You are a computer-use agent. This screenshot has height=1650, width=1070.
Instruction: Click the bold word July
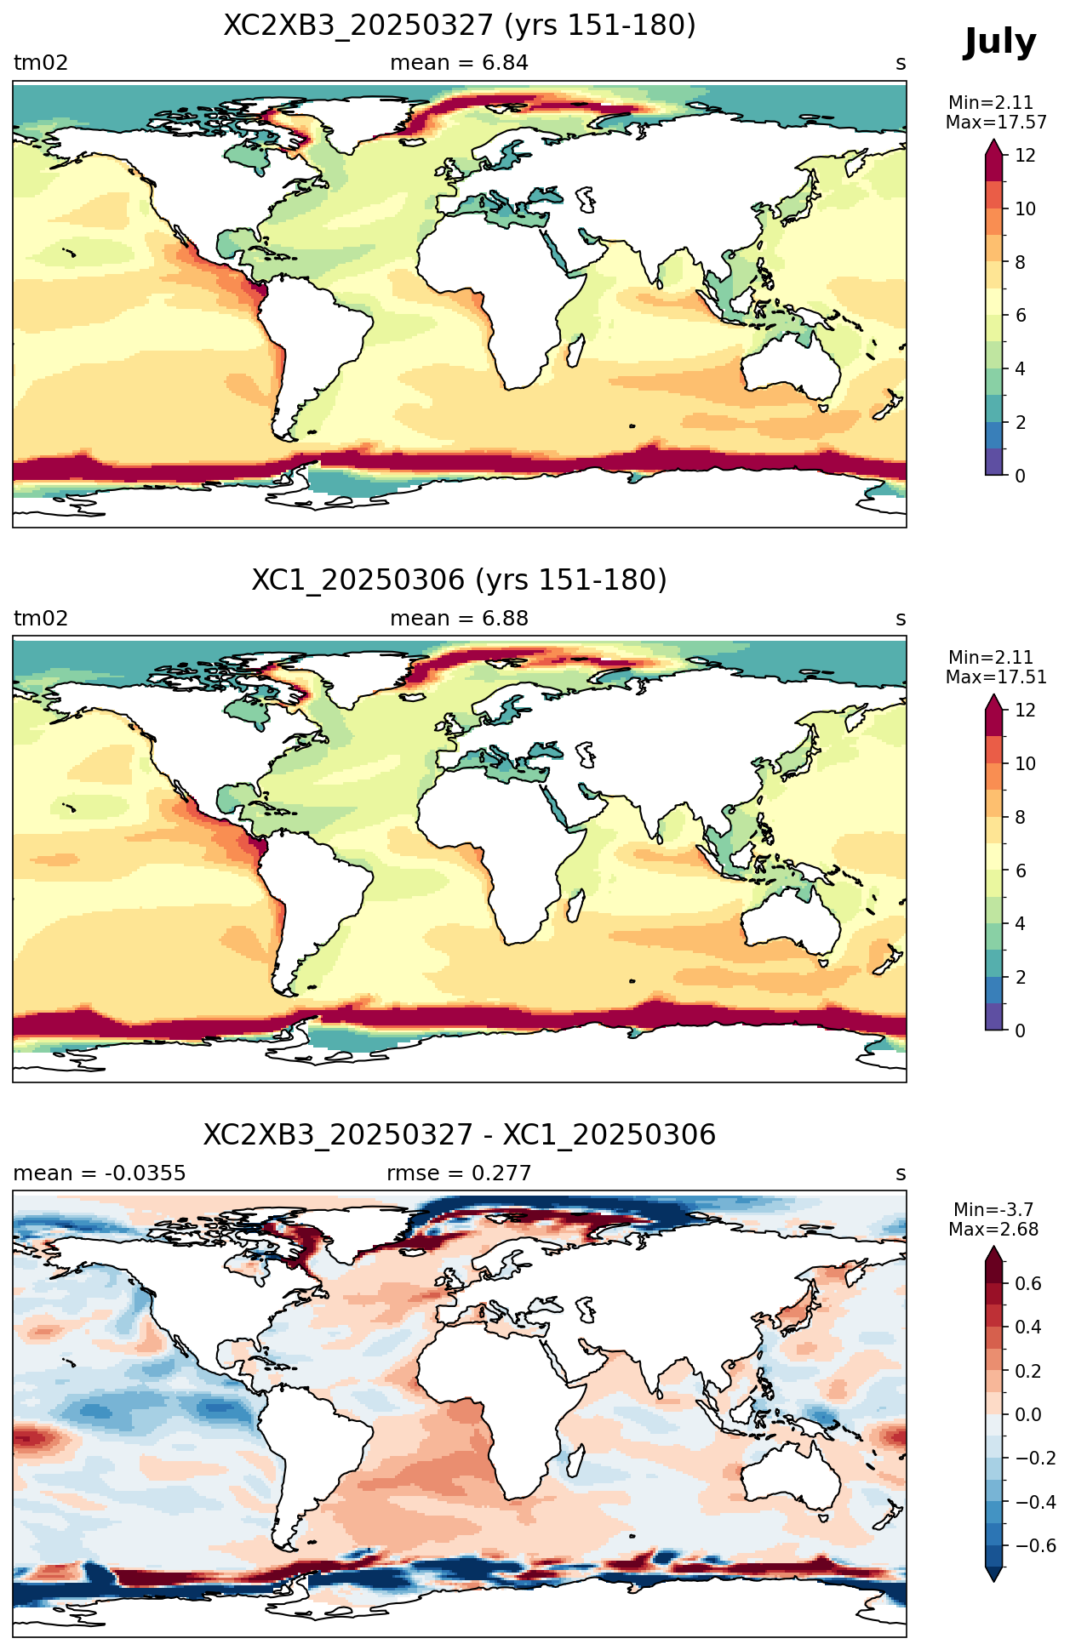pyautogui.click(x=999, y=43)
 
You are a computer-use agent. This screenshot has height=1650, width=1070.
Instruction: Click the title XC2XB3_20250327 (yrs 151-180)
pyautogui.click(x=460, y=26)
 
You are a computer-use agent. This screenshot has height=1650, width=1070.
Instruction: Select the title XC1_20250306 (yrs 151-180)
pyautogui.click(x=460, y=580)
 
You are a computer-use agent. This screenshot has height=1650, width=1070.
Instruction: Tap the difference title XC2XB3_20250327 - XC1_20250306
pyautogui.click(x=460, y=1135)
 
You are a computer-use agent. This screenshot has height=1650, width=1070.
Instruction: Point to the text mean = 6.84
pyautogui.click(x=460, y=63)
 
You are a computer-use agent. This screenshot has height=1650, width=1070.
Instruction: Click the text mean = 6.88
pyautogui.click(x=460, y=619)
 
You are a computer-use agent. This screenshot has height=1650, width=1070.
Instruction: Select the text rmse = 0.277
pyautogui.click(x=460, y=1173)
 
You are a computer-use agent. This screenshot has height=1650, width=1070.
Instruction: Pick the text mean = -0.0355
pyautogui.click(x=100, y=1173)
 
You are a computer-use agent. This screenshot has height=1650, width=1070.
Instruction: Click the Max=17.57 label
pyautogui.click(x=996, y=123)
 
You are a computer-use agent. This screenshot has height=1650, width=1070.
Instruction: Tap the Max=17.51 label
pyautogui.click(x=996, y=677)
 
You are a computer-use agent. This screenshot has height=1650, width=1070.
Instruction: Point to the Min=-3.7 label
pyautogui.click(x=993, y=1209)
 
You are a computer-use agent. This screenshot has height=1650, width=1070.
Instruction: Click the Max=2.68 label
pyautogui.click(x=993, y=1230)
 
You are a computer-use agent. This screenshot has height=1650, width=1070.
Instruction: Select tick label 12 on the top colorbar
pyautogui.click(x=1025, y=156)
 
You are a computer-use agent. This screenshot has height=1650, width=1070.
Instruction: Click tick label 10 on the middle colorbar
pyautogui.click(x=1025, y=764)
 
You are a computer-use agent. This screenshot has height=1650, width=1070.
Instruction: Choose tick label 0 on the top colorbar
pyautogui.click(x=1021, y=476)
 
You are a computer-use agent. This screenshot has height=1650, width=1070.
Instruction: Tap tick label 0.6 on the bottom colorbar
pyautogui.click(x=1028, y=1284)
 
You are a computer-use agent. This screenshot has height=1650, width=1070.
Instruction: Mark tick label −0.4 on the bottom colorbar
pyautogui.click(x=1035, y=1503)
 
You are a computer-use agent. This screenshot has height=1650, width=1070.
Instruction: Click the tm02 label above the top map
pyautogui.click(x=41, y=63)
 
